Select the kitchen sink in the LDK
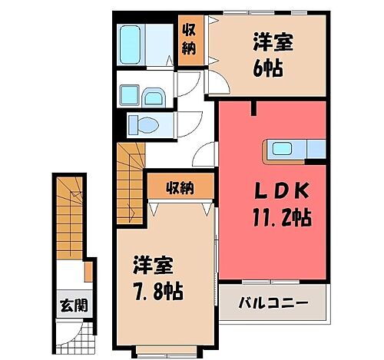tap(281, 150)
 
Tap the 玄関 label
tap(74, 305)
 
